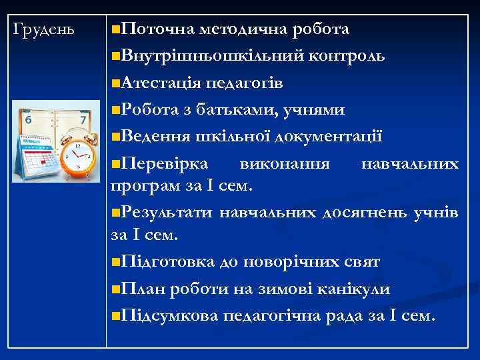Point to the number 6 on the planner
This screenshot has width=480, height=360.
[x=28, y=119]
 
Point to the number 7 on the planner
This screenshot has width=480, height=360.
[x=83, y=120]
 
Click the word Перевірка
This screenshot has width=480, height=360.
[x=166, y=164]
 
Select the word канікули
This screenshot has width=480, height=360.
[x=353, y=289]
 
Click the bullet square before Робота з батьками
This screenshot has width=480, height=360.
[x=117, y=109]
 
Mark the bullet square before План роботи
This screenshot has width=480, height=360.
[x=117, y=289]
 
